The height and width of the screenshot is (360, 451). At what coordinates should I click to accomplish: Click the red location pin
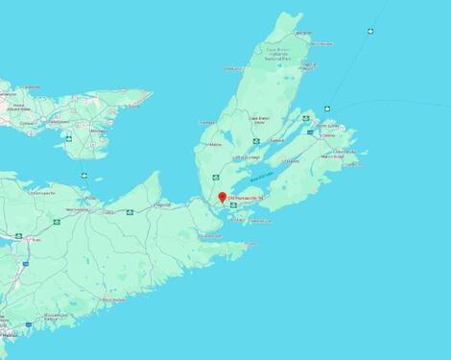pos(223,197)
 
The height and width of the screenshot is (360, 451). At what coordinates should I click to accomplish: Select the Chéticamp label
pos(232,69)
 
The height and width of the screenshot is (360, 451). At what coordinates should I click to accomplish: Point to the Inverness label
pos(205,122)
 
